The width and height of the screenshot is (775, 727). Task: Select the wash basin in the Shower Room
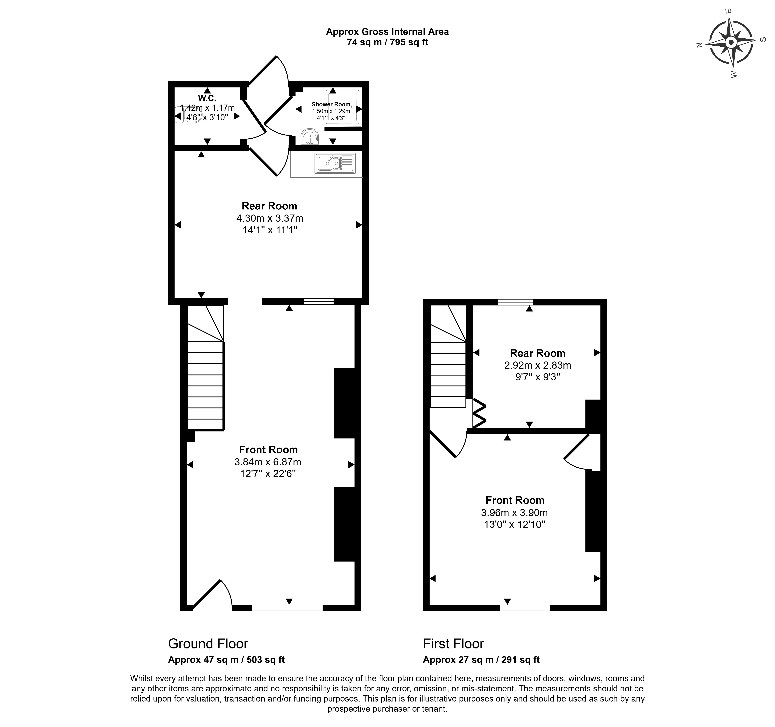[310, 136]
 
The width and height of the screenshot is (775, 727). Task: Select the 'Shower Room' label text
[331, 104]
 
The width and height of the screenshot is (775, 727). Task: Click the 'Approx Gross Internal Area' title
[387, 32]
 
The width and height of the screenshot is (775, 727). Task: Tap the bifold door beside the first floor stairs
[479, 414]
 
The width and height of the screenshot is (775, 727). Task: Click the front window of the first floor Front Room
[525, 607]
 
